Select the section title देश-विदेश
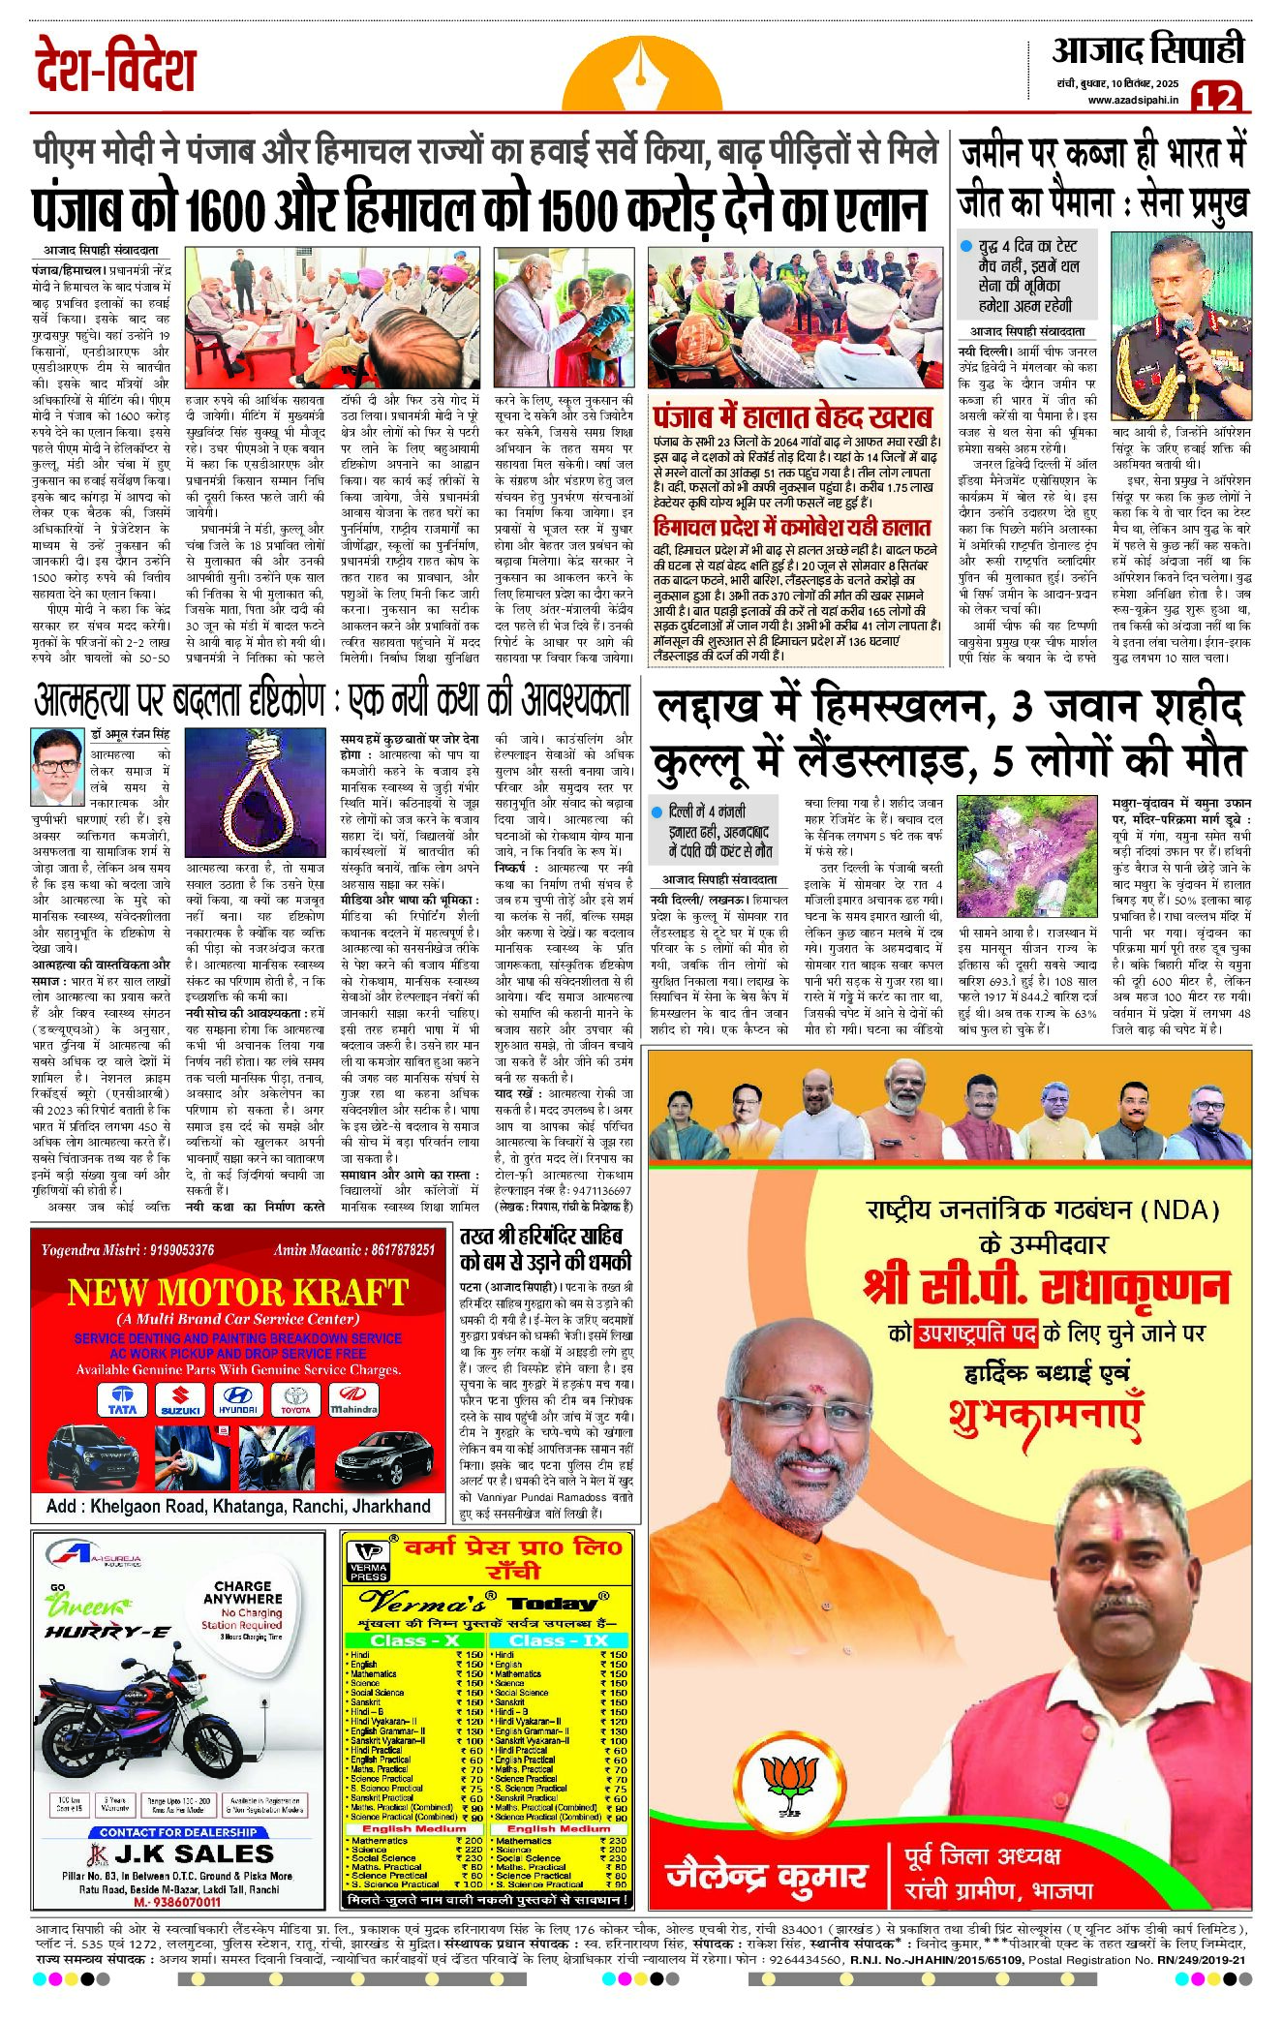[x=116, y=68]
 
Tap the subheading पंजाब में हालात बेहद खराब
[x=793, y=417]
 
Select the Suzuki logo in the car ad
[x=180, y=1400]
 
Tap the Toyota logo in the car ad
[x=295, y=1400]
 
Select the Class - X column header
[x=414, y=1639]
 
